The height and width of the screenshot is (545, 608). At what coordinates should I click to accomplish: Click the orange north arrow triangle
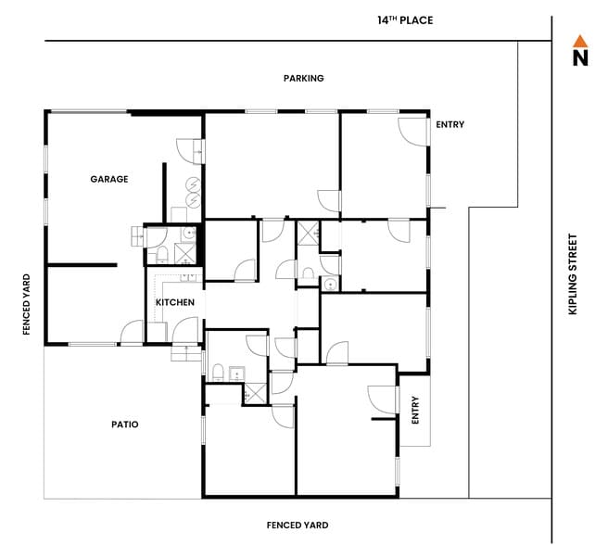(580, 41)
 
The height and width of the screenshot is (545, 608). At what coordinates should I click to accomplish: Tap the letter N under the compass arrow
(580, 59)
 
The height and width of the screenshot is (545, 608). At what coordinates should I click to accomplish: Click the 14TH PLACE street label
(405, 20)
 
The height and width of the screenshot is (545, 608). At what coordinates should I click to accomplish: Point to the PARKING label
(303, 79)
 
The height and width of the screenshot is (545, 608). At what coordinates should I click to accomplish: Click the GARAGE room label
(108, 179)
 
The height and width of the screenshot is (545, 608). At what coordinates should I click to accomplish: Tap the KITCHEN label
(174, 303)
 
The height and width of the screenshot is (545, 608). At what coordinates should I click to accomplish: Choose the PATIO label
(124, 425)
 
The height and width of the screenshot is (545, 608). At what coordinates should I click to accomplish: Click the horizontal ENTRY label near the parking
(450, 125)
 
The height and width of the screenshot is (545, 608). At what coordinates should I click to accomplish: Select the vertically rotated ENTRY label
(415, 410)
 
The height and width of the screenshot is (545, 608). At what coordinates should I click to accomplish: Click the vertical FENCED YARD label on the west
(27, 304)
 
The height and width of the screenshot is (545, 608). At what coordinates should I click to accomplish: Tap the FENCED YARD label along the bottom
(296, 526)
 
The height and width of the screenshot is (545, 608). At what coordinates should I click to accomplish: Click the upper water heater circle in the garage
(192, 184)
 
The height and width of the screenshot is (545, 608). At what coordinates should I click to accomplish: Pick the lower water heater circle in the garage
(192, 201)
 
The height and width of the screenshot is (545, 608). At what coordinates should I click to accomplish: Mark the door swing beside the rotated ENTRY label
(382, 399)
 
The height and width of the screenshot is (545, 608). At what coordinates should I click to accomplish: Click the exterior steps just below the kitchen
(185, 354)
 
